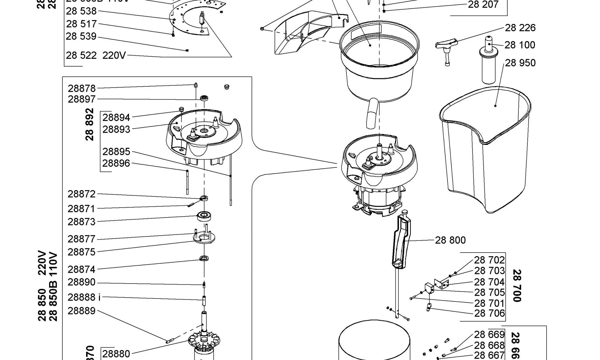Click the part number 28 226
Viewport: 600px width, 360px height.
coord(520,28)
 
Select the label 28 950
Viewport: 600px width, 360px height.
coord(520,63)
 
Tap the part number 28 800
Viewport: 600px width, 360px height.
coord(450,240)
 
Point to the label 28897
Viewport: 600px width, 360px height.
coord(82,99)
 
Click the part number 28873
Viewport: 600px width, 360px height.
coord(82,222)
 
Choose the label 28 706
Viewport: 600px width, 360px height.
coord(489,313)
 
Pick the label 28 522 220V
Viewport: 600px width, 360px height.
coord(96,55)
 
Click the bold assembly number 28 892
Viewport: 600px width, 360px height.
coord(90,124)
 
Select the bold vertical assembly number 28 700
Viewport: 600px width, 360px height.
coord(517,286)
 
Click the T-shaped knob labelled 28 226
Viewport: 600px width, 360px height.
coord(446,48)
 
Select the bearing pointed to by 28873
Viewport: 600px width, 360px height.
coord(205,216)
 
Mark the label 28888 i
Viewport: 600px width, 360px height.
coord(84,297)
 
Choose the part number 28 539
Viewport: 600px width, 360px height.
coord(81,36)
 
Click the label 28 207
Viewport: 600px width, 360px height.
coord(483,5)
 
